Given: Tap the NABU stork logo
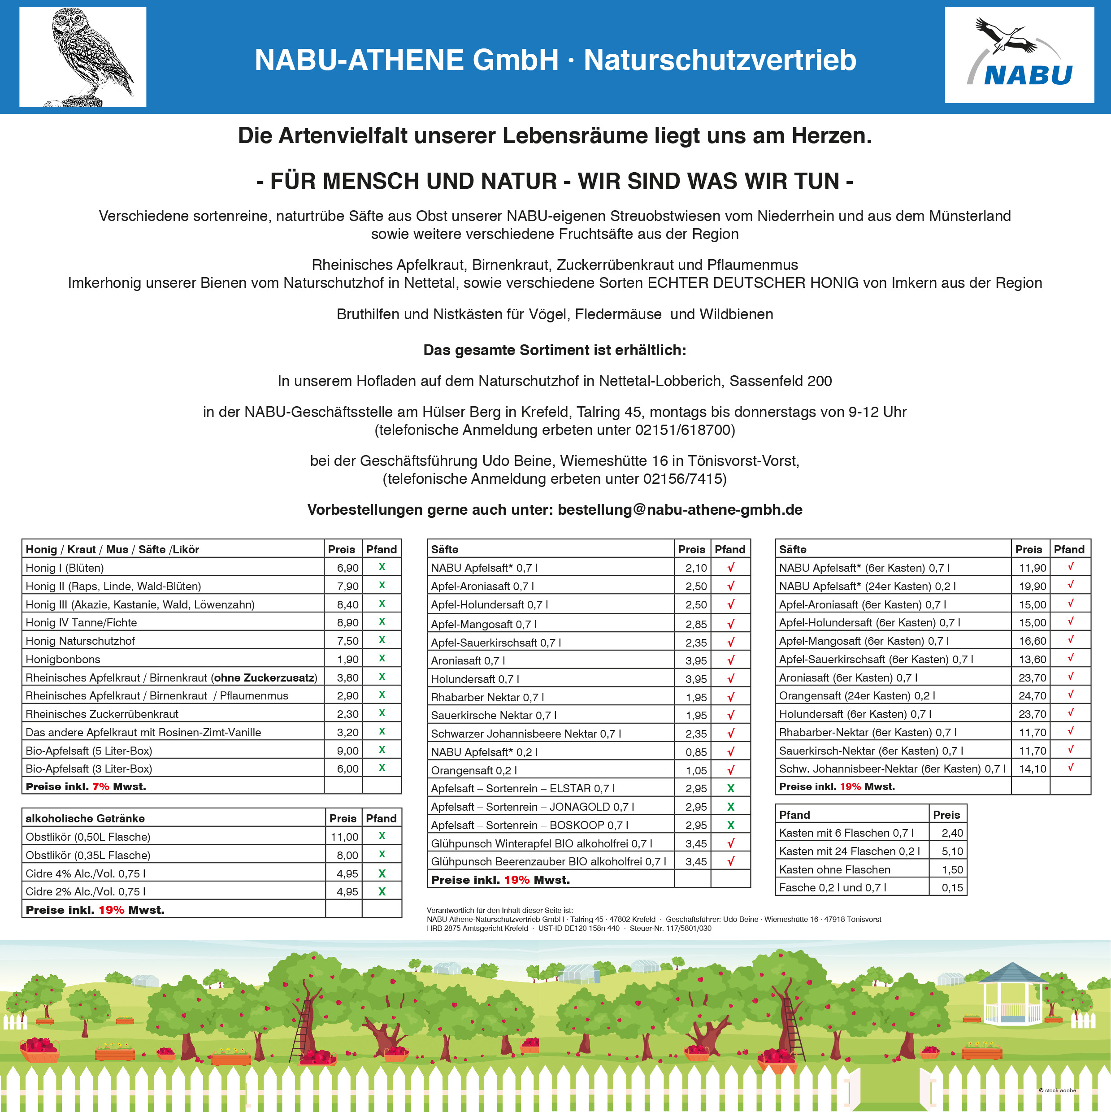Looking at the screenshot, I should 1019,55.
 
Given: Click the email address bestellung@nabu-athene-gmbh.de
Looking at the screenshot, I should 680,510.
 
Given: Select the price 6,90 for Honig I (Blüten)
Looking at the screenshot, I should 347,568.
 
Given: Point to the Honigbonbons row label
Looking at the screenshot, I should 63,660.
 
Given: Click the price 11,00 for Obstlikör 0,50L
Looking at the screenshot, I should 344,837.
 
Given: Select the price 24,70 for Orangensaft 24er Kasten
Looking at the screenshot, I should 1032,696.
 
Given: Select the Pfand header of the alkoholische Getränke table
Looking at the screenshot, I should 381,818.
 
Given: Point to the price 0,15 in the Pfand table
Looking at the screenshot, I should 952,887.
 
